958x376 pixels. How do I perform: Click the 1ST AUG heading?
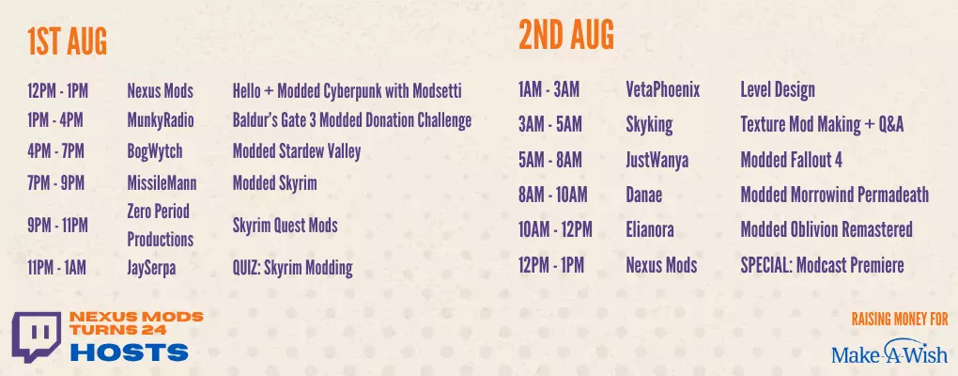click(x=68, y=42)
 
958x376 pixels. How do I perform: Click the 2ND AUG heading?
click(x=566, y=35)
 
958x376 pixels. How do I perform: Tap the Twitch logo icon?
click(x=37, y=337)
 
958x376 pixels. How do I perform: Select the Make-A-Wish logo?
click(x=888, y=352)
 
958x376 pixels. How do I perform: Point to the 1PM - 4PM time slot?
click(x=55, y=120)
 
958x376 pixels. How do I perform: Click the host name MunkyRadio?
click(x=160, y=120)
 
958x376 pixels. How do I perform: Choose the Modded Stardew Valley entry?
click(x=296, y=151)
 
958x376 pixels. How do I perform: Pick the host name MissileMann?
click(x=162, y=182)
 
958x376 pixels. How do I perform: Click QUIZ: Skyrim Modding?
click(x=293, y=268)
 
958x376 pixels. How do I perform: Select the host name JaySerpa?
click(x=151, y=268)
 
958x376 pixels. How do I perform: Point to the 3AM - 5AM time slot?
click(x=549, y=125)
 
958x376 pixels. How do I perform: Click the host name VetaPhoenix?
click(x=663, y=90)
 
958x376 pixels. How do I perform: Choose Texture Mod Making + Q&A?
click(x=822, y=125)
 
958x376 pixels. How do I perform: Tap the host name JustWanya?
click(x=657, y=160)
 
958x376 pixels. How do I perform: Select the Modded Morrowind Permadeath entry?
click(x=835, y=195)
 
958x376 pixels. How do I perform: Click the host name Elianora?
click(x=650, y=230)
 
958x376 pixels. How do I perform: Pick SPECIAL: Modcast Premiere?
click(x=822, y=265)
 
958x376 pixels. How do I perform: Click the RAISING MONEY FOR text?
click(x=900, y=319)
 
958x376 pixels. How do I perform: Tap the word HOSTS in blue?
click(x=129, y=352)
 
